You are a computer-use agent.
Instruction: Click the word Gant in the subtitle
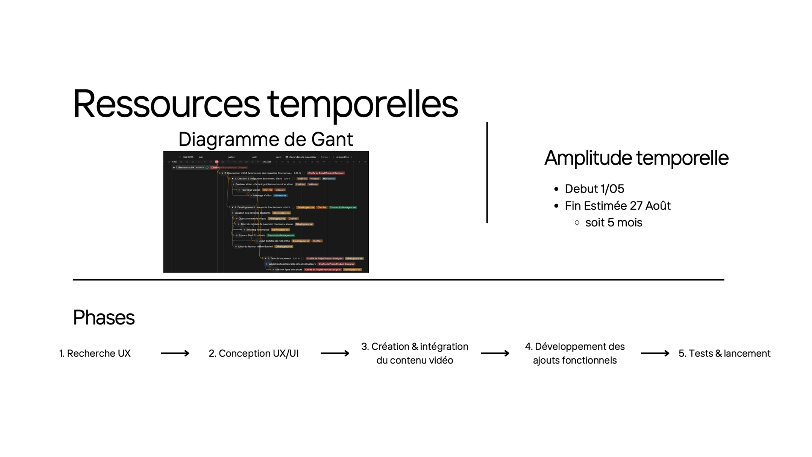click(x=332, y=139)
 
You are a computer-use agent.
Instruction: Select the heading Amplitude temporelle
click(x=636, y=158)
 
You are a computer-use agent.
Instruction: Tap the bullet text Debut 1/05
click(x=594, y=189)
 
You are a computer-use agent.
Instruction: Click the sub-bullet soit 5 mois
click(x=613, y=223)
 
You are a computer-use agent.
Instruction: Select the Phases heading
click(x=104, y=317)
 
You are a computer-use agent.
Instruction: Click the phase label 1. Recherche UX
click(x=95, y=353)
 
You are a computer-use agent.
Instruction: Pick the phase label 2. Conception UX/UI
click(x=254, y=353)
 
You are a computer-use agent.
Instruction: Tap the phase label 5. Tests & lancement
click(x=724, y=353)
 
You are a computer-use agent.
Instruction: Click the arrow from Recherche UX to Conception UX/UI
click(x=175, y=353)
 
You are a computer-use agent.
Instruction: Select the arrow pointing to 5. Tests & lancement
click(x=655, y=353)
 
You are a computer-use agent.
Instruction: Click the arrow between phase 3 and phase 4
click(x=495, y=353)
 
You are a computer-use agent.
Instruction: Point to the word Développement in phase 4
click(x=565, y=347)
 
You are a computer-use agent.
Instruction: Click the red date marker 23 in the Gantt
click(x=217, y=162)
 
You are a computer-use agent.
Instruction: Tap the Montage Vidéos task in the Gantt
click(x=262, y=195)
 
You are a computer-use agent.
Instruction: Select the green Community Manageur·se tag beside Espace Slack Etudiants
click(x=281, y=235)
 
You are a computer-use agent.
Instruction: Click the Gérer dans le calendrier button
click(x=302, y=157)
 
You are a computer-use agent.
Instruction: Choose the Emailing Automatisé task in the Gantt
click(x=258, y=230)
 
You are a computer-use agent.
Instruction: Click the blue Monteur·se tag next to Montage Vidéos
click(x=280, y=195)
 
